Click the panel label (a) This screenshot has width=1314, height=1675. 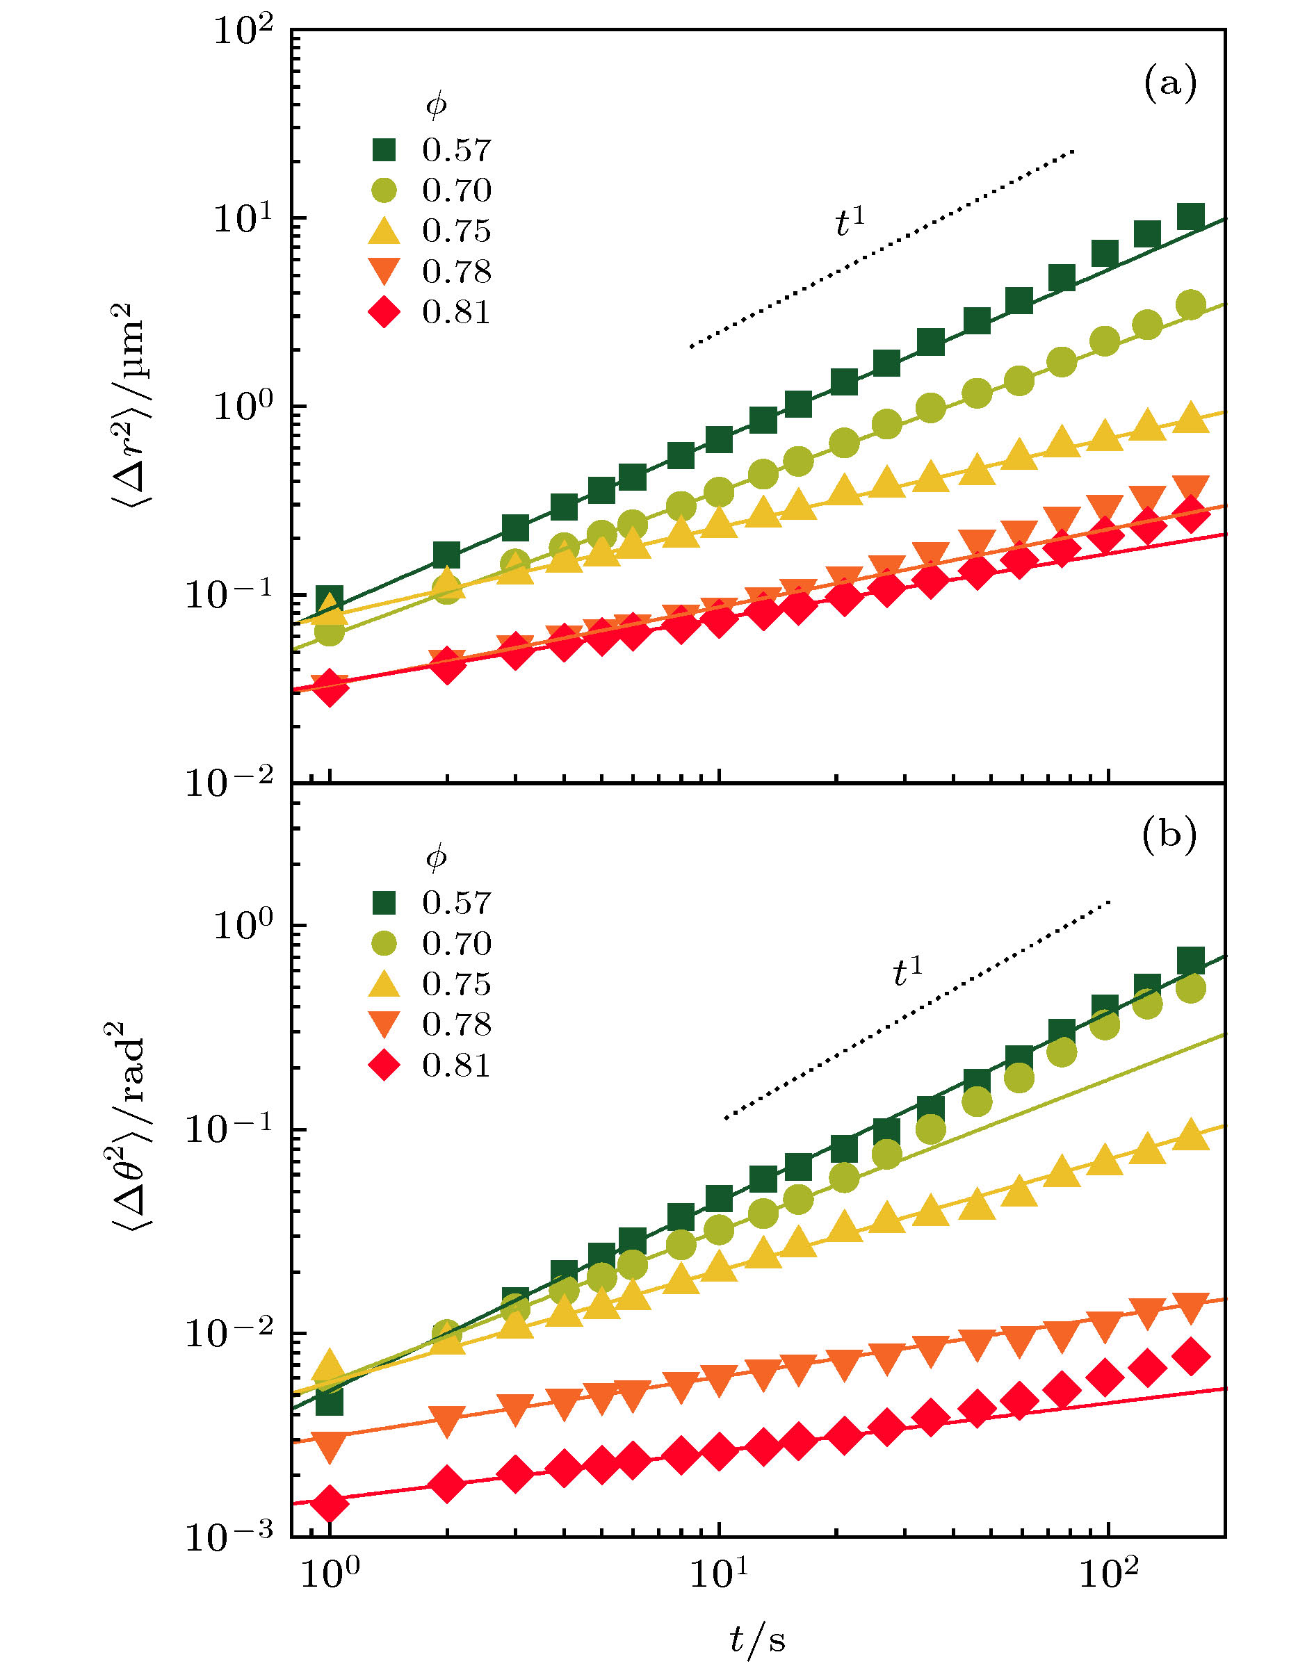tap(1169, 84)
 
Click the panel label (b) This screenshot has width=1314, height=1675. tap(1169, 835)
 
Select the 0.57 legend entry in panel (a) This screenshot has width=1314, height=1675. tap(455, 150)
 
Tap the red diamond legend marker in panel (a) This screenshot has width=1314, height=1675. tap(384, 312)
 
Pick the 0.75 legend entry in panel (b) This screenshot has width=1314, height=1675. tap(455, 984)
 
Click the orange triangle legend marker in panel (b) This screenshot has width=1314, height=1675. tap(384, 1024)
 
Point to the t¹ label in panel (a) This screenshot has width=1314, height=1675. tap(850, 223)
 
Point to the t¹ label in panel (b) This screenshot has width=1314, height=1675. tap(907, 972)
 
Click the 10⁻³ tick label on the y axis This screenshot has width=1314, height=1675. tap(229, 1536)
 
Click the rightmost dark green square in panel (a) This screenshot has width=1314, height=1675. tap(1190, 218)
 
